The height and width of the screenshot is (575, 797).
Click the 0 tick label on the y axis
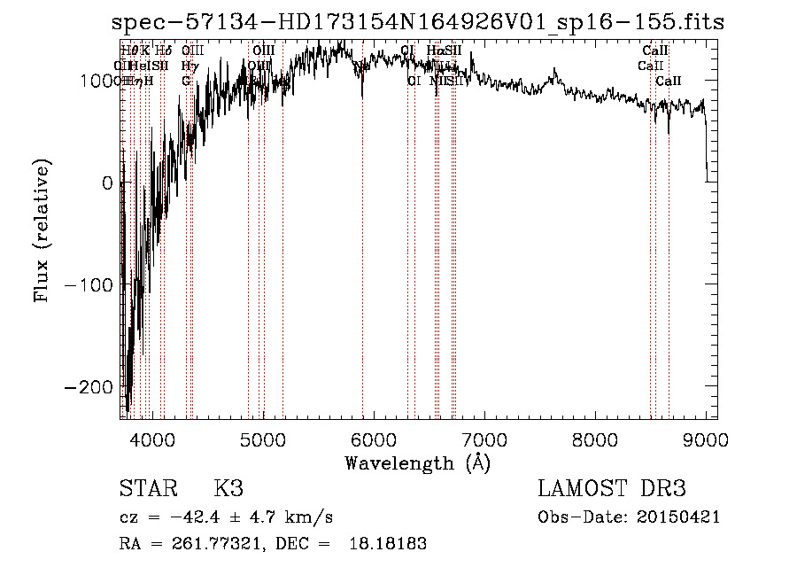(x=108, y=183)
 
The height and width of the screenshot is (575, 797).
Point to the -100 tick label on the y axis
(x=93, y=285)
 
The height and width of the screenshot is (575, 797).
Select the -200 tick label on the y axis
(x=93, y=387)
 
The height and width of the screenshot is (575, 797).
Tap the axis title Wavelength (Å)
(x=417, y=462)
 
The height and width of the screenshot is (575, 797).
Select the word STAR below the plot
(x=147, y=489)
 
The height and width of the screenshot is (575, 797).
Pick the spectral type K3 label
(x=228, y=489)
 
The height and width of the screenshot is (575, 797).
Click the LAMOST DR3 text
(x=612, y=489)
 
